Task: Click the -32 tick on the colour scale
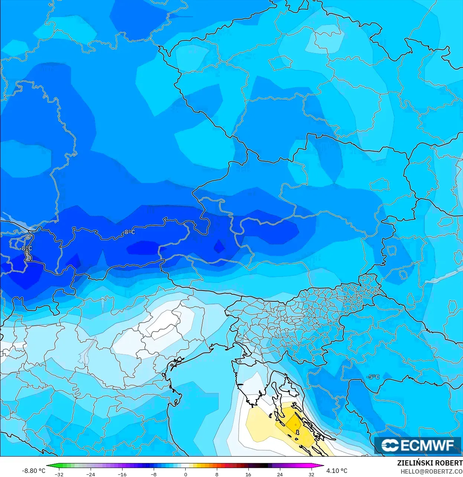pyautogui.click(x=59, y=474)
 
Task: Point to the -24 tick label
pyautogui.click(x=91, y=474)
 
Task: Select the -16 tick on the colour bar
pyautogui.click(x=122, y=474)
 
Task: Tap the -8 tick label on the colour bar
pyautogui.click(x=154, y=474)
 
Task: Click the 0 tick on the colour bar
pyautogui.click(x=186, y=474)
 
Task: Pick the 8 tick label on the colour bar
pyautogui.click(x=217, y=474)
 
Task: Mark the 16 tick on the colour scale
pyautogui.click(x=248, y=474)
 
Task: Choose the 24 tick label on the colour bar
pyautogui.click(x=280, y=474)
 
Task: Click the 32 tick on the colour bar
pyautogui.click(x=311, y=474)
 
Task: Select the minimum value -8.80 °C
pyautogui.click(x=33, y=471)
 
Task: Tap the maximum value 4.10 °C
pyautogui.click(x=337, y=471)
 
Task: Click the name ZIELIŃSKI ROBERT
pyautogui.click(x=430, y=463)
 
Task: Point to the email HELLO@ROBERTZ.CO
pyautogui.click(x=431, y=471)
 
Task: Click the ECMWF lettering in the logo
pyautogui.click(x=427, y=445)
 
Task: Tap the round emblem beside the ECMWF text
pyautogui.click(x=390, y=445)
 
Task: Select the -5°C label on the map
pyautogui.click(x=373, y=377)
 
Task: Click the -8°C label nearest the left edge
pyautogui.click(x=26, y=248)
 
